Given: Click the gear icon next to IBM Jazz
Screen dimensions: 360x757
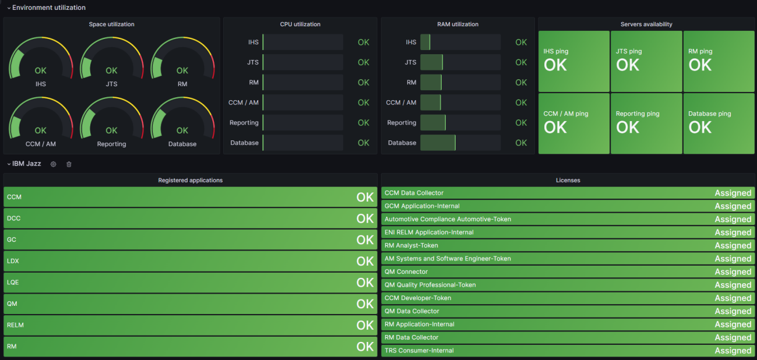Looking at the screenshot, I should coord(53,164).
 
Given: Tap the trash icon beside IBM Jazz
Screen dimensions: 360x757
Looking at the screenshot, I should coord(69,164).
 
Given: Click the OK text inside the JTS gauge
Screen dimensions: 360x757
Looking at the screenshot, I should coord(111,70).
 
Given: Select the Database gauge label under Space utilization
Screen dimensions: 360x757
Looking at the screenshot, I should coord(182,144).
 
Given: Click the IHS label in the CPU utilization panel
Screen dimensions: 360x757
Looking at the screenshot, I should coord(253,42).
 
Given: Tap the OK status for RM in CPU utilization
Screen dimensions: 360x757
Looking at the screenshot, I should coord(364,83).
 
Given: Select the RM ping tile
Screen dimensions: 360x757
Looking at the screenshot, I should coord(719,61).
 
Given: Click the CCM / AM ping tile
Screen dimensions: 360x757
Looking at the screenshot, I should coord(573,123).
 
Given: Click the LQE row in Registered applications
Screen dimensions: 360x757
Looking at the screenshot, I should coord(190,283).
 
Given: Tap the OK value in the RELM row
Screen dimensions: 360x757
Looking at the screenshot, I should coord(365,325).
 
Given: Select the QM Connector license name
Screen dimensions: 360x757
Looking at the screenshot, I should coord(406,271).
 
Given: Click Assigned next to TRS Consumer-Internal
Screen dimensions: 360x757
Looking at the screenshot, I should coord(733,351).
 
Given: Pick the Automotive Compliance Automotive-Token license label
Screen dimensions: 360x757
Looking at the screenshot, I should coord(448,219).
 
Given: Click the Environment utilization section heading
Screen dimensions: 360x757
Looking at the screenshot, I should coord(49,8).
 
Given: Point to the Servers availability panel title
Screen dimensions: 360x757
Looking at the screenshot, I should coord(646,24).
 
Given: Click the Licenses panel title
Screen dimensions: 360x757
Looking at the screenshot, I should coord(568,181).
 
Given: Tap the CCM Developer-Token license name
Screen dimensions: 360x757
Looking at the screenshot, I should coord(417,298).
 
